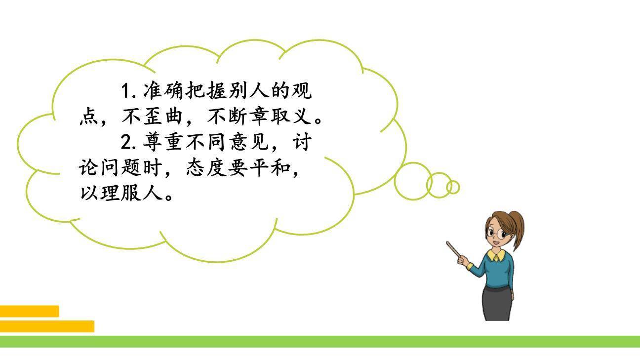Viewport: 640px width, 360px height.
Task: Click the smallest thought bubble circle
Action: tap(453, 188)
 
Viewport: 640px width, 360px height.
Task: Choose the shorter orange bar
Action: tap(29, 311)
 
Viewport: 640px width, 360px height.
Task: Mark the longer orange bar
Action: tap(47, 326)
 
